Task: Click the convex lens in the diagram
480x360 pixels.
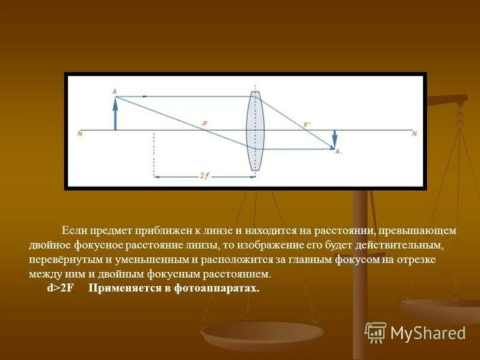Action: pos(256,131)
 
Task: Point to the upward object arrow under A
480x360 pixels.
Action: pos(115,114)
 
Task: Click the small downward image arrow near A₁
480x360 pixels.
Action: pos(335,138)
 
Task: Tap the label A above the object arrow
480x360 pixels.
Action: pos(114,91)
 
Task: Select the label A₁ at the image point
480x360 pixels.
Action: pos(338,152)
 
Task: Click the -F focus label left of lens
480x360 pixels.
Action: pos(204,124)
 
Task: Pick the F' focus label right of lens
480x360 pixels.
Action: pos(307,125)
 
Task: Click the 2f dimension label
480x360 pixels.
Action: pos(205,176)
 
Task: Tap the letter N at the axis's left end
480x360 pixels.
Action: pos(80,134)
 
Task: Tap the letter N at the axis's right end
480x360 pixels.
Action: pos(413,134)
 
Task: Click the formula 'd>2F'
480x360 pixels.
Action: pos(60,289)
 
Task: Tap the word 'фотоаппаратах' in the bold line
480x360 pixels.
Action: pos(221,289)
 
